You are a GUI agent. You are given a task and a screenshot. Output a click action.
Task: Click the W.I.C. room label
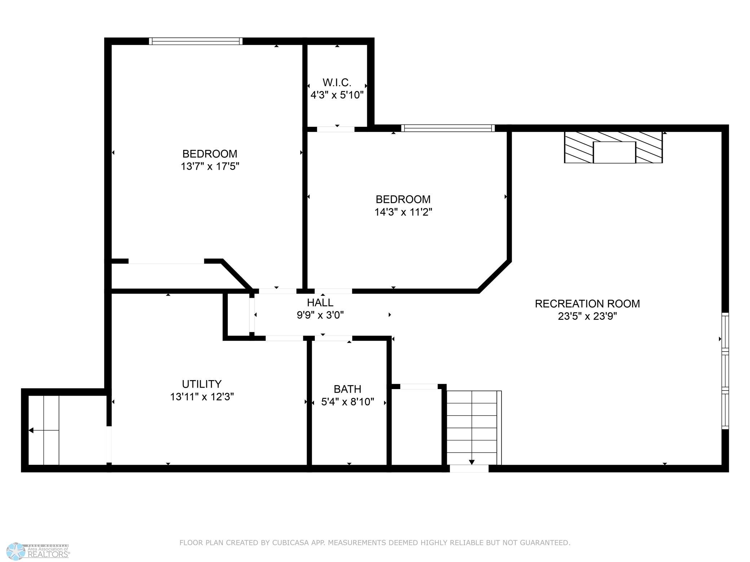337,82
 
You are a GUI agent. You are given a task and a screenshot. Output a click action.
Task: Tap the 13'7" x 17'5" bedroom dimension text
210,166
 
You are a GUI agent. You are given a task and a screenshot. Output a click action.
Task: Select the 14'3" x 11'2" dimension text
403,212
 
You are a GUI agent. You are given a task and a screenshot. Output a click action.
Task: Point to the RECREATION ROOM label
587,304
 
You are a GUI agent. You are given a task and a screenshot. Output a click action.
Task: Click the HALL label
320,302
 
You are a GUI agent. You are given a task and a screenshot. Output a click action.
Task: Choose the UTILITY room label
202,384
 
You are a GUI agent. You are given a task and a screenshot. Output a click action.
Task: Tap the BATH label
348,389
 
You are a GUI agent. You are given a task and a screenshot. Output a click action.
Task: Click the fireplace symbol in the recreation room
613,147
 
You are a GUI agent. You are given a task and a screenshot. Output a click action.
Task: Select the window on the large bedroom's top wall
196,41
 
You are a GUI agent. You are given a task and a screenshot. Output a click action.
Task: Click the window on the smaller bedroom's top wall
448,128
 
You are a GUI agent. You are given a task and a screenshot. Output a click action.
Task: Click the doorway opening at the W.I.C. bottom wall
336,129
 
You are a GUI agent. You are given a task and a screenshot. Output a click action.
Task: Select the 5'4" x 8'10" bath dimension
348,402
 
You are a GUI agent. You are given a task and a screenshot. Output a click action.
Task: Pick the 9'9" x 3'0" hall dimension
320,315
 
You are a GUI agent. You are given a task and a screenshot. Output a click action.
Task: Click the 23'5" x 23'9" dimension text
587,316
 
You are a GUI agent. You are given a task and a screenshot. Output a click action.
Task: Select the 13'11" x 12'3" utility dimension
202,397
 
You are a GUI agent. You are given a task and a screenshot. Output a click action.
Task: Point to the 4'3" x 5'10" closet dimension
337,95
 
